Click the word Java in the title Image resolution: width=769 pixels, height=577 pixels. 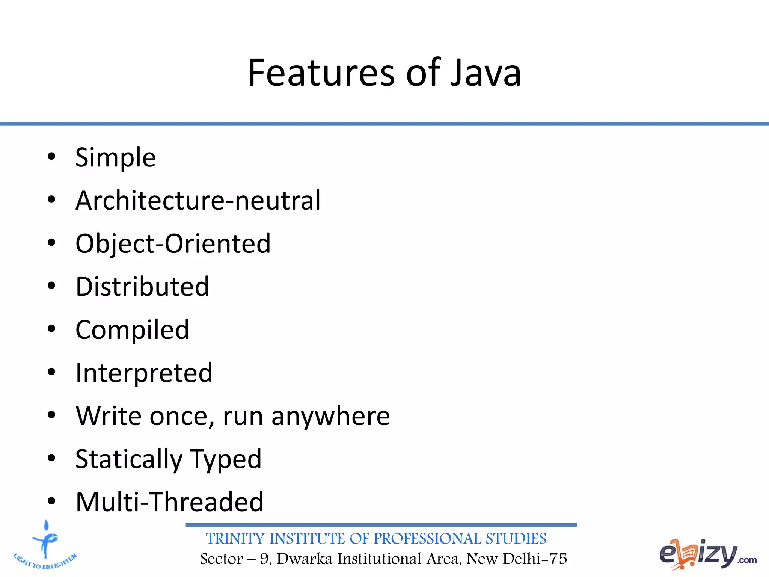[x=485, y=73]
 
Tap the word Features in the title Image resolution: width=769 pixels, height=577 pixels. [x=321, y=73]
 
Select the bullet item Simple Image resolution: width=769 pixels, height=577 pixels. [x=115, y=157]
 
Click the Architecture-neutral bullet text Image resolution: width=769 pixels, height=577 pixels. [x=198, y=201]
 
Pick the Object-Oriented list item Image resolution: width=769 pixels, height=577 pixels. [x=173, y=244]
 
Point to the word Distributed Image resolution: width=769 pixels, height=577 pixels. [x=142, y=287]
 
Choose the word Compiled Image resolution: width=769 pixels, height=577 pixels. [x=132, y=330]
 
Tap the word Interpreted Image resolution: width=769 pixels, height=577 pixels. [x=144, y=373]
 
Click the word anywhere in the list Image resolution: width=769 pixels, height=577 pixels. [x=330, y=416]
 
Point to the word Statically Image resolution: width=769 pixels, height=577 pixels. [x=129, y=459]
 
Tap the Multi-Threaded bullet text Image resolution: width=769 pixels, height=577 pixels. [x=169, y=502]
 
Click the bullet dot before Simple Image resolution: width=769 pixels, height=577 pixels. [x=51, y=157]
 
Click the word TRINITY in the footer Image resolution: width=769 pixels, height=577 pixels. [x=235, y=539]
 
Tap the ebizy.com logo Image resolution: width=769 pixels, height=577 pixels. [x=707, y=554]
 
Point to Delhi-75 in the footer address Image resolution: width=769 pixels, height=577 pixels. [x=535, y=559]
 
